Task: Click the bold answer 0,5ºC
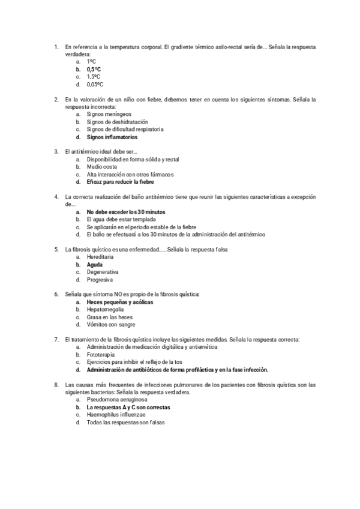(94, 70)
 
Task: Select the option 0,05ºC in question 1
(95, 85)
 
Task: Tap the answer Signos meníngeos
(109, 114)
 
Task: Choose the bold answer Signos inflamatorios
(112, 137)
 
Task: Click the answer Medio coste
(101, 167)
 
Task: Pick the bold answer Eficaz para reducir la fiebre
(120, 182)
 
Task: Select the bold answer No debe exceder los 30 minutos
(125, 212)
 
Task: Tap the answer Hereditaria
(100, 257)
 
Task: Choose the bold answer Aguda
(94, 264)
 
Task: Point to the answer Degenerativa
(102, 272)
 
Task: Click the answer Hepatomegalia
(105, 310)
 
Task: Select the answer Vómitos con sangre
(110, 325)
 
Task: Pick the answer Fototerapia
(101, 355)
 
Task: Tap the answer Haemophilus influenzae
(116, 415)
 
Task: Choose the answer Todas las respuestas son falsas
(125, 422)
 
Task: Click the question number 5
(56, 249)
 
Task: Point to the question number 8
(56, 384)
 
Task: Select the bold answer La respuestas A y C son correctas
(128, 407)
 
